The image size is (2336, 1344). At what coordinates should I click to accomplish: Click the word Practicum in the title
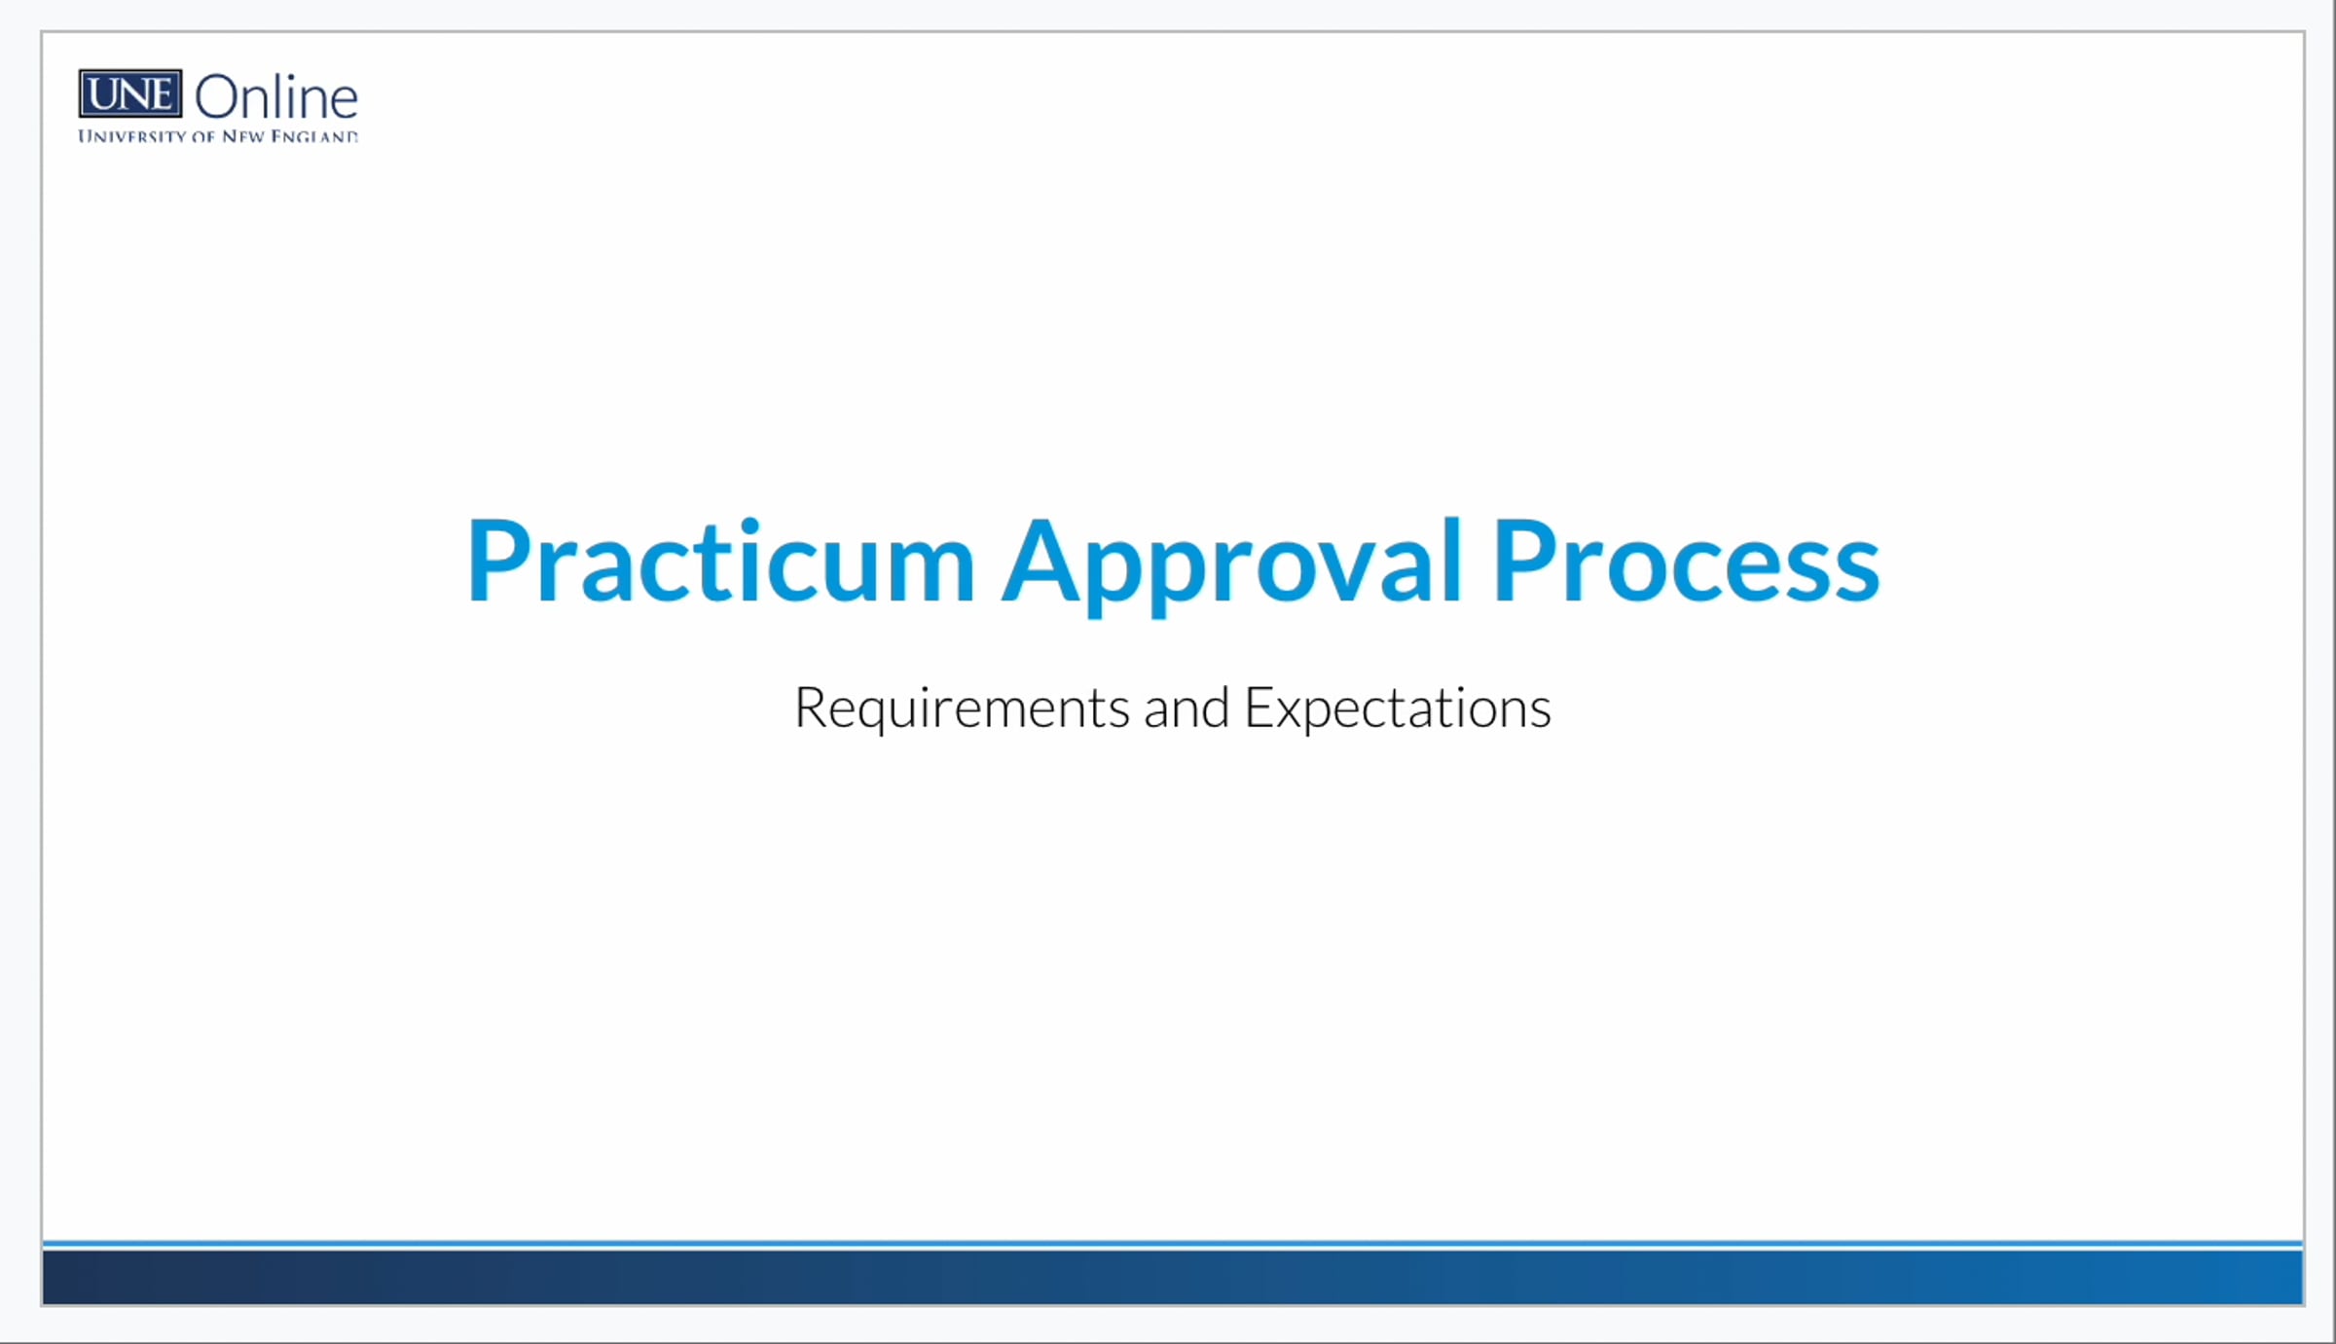[720, 563]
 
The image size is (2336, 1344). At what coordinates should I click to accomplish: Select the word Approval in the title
[1232, 563]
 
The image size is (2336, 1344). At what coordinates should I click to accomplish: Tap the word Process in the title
[1685, 563]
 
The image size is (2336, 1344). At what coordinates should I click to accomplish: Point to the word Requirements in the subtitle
[961, 708]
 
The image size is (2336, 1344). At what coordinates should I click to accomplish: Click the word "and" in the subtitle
[1186, 708]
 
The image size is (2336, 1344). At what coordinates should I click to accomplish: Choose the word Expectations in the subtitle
[1398, 708]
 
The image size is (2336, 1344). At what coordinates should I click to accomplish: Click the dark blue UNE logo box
[130, 94]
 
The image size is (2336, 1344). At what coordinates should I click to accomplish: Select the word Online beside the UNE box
[276, 98]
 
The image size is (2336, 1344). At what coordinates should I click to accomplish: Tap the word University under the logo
[131, 137]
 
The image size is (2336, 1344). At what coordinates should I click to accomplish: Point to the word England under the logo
[313, 137]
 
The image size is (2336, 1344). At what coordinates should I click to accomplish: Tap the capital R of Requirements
[812, 708]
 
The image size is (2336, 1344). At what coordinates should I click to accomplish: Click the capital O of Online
[218, 98]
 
